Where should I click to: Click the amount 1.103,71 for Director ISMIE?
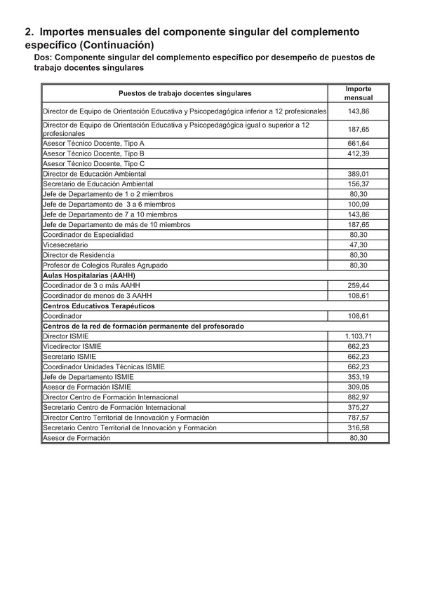(359, 336)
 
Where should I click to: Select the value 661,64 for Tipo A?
(359, 143)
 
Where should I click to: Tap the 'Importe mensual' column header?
(359, 94)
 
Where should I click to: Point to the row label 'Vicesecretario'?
(65, 245)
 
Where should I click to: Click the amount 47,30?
(359, 245)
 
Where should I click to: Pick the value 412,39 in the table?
(359, 153)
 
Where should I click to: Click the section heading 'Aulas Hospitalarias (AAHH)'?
(89, 275)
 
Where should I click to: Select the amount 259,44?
(359, 286)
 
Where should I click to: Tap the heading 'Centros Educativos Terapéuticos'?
(99, 306)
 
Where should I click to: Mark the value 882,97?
(359, 397)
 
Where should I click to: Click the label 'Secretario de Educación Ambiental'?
(98, 184)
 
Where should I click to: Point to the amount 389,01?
(359, 174)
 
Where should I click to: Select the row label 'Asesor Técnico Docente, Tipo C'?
(93, 163)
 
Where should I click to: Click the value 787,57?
(359, 418)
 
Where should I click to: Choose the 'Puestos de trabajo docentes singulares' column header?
(185, 93)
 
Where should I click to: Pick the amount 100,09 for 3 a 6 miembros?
(359, 204)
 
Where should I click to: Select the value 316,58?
(359, 427)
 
